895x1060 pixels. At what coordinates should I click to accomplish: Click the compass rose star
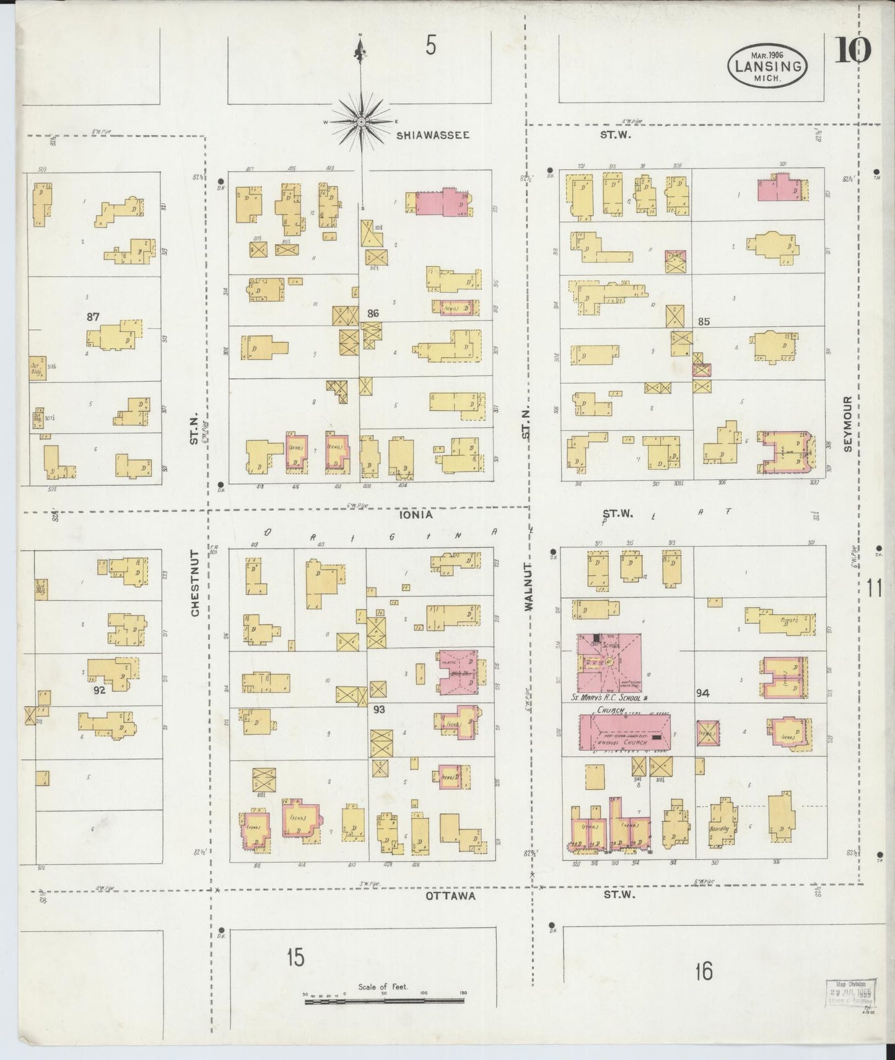point(360,122)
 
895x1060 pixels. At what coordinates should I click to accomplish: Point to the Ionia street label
point(415,515)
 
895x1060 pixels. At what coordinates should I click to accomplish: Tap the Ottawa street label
point(450,896)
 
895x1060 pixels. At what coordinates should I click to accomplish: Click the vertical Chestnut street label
point(195,583)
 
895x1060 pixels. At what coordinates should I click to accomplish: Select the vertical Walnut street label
point(528,586)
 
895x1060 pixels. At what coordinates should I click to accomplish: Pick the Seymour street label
point(847,424)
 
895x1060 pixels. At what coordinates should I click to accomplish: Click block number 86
point(372,314)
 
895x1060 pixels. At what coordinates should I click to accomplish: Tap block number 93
point(379,709)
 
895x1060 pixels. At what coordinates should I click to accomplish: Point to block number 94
point(702,693)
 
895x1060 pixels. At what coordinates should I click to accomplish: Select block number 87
point(93,316)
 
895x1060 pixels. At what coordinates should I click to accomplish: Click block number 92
point(99,689)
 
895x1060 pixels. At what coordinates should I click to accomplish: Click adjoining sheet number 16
point(704,971)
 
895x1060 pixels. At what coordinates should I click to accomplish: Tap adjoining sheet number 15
point(295,958)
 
